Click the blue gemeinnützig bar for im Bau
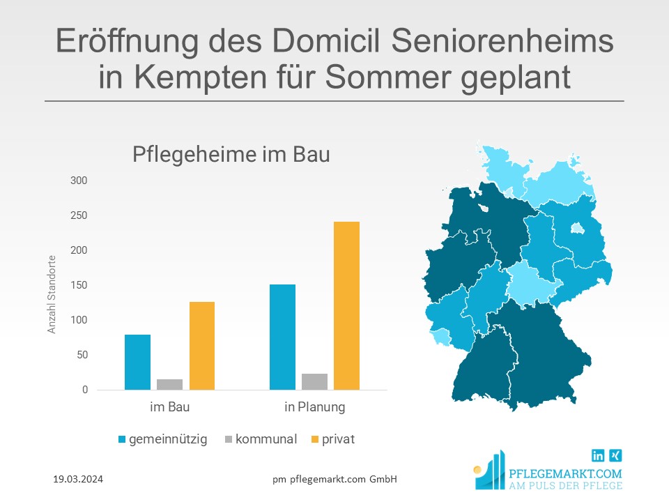click(x=137, y=362)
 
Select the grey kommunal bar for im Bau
click(x=169, y=384)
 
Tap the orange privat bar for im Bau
click(x=201, y=346)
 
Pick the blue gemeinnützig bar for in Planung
click(x=282, y=337)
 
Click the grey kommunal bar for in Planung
click(x=314, y=381)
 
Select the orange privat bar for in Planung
click(x=346, y=305)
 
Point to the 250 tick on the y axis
click(x=79, y=215)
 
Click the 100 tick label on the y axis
click(x=79, y=320)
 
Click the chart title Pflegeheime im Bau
click(x=231, y=155)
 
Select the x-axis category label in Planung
click(x=314, y=407)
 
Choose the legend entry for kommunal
click(x=261, y=439)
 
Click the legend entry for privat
click(x=332, y=439)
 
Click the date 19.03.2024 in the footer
click(x=79, y=480)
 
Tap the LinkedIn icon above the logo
click(x=598, y=455)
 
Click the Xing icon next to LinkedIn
click(x=615, y=455)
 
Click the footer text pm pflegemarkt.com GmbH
click(x=334, y=479)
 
